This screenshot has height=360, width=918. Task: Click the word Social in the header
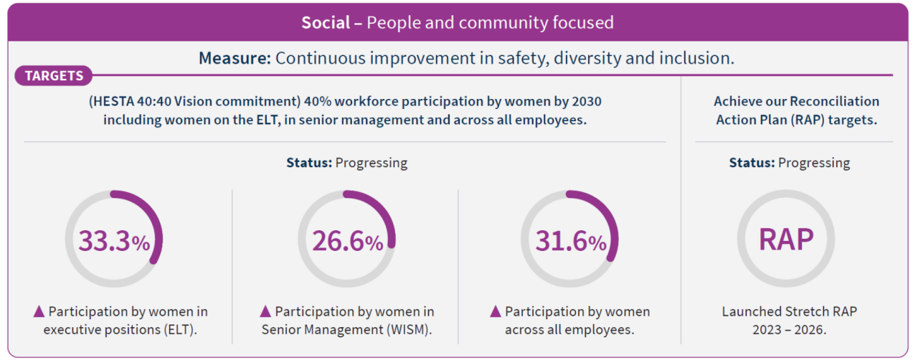click(x=325, y=22)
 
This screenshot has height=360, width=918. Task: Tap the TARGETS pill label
click(x=54, y=75)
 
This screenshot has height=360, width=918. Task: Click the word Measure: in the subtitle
click(x=235, y=58)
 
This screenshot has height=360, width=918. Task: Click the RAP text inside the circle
click(x=786, y=240)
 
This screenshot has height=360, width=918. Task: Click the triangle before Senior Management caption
click(x=265, y=311)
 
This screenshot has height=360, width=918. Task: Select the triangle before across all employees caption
click(x=496, y=311)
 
